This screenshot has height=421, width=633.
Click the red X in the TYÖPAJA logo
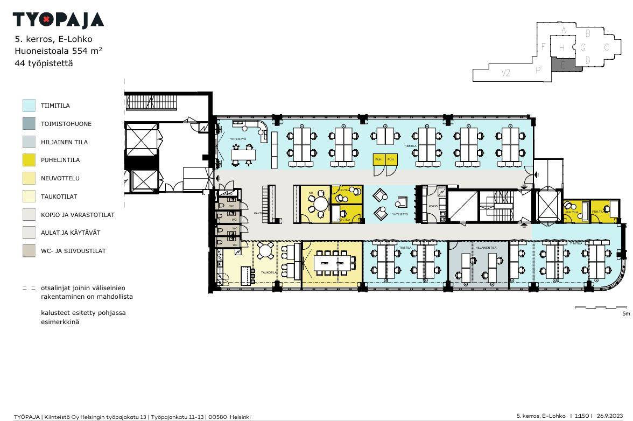pyautogui.click(x=46, y=20)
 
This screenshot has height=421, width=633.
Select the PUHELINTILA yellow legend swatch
pyautogui.click(x=29, y=160)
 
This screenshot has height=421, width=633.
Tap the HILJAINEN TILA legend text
pyautogui.click(x=64, y=142)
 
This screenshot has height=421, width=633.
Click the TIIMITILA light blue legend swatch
pyautogui.click(x=29, y=106)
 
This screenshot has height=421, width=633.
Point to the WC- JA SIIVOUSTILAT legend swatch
pyautogui.click(x=29, y=251)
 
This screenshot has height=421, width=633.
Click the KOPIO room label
pyautogui.click(x=433, y=206)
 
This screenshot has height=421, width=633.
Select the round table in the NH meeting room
pyautogui.click(x=321, y=204)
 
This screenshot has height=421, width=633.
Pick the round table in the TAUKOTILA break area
pyautogui.click(x=265, y=251)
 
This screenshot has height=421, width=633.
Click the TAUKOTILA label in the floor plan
pyautogui.click(x=269, y=273)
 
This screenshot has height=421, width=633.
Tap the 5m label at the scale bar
pyautogui.click(x=625, y=313)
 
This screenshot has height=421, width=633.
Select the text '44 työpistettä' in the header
pyautogui.click(x=44, y=63)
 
